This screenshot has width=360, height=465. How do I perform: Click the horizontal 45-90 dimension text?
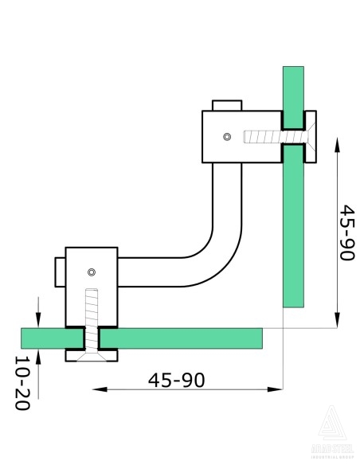(x=176, y=379)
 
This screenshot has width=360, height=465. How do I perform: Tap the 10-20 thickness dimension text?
(x=22, y=383)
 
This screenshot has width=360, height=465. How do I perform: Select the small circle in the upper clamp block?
(x=228, y=137)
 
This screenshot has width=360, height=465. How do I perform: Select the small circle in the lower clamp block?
(x=92, y=272)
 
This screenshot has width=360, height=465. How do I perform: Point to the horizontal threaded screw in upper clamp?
(x=263, y=137)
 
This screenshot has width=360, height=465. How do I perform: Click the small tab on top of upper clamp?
(x=227, y=105)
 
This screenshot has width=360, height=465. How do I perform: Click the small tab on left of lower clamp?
(x=60, y=272)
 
